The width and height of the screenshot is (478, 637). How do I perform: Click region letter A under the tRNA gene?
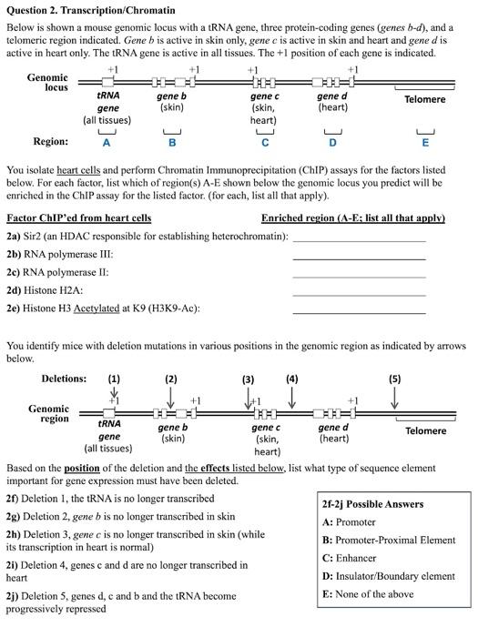tap(107, 142)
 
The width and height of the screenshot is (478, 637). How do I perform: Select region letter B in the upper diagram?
tap(171, 142)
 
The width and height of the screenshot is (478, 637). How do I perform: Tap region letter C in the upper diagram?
tap(265, 142)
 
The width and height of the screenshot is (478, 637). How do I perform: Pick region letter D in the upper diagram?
tap(333, 142)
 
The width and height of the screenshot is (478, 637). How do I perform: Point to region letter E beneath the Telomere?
tap(424, 142)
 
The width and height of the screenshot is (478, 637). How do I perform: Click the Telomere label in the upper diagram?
tap(424, 98)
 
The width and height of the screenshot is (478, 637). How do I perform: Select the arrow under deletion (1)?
tap(114, 393)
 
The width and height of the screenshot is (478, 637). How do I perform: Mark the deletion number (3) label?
tap(249, 379)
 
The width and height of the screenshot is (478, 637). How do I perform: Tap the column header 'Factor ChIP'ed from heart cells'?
tap(79, 217)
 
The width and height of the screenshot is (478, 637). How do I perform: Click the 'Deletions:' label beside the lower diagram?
tap(65, 379)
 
